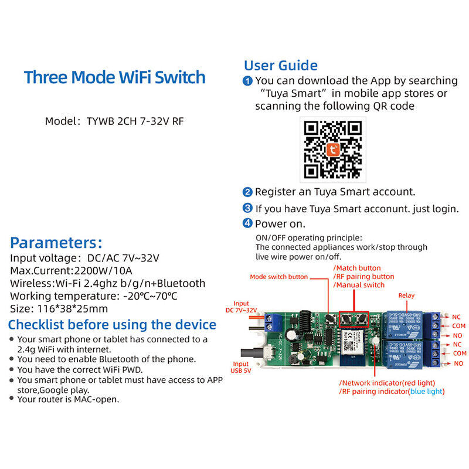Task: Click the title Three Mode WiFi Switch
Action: coord(114,77)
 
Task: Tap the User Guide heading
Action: coord(281,65)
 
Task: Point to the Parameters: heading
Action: coord(56,243)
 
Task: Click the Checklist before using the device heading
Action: coord(112,324)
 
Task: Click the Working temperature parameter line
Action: coord(94,296)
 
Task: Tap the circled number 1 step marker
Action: coord(248,81)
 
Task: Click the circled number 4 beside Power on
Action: coord(248,223)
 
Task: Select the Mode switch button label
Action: coord(278,277)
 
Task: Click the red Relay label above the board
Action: coord(406,295)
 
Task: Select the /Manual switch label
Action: coord(359,285)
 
